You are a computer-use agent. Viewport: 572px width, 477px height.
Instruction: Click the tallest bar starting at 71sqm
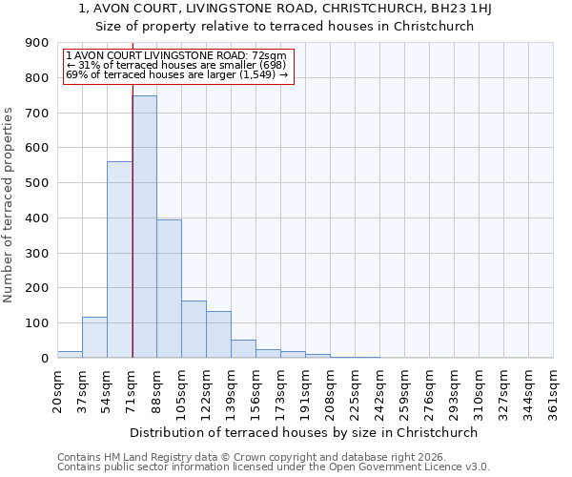[144, 227]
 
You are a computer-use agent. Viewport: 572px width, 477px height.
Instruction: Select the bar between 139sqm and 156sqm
[243, 348]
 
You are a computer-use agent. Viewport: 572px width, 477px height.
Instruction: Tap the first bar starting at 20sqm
[70, 354]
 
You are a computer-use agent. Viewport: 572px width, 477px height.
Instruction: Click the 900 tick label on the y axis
[37, 43]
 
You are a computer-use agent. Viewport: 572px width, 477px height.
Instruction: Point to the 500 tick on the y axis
[37, 183]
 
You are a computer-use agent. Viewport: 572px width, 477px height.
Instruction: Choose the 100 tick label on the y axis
[37, 323]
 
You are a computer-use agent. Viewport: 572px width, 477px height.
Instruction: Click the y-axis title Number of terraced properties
[9, 204]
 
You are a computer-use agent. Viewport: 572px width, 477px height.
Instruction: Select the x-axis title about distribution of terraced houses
[305, 432]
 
